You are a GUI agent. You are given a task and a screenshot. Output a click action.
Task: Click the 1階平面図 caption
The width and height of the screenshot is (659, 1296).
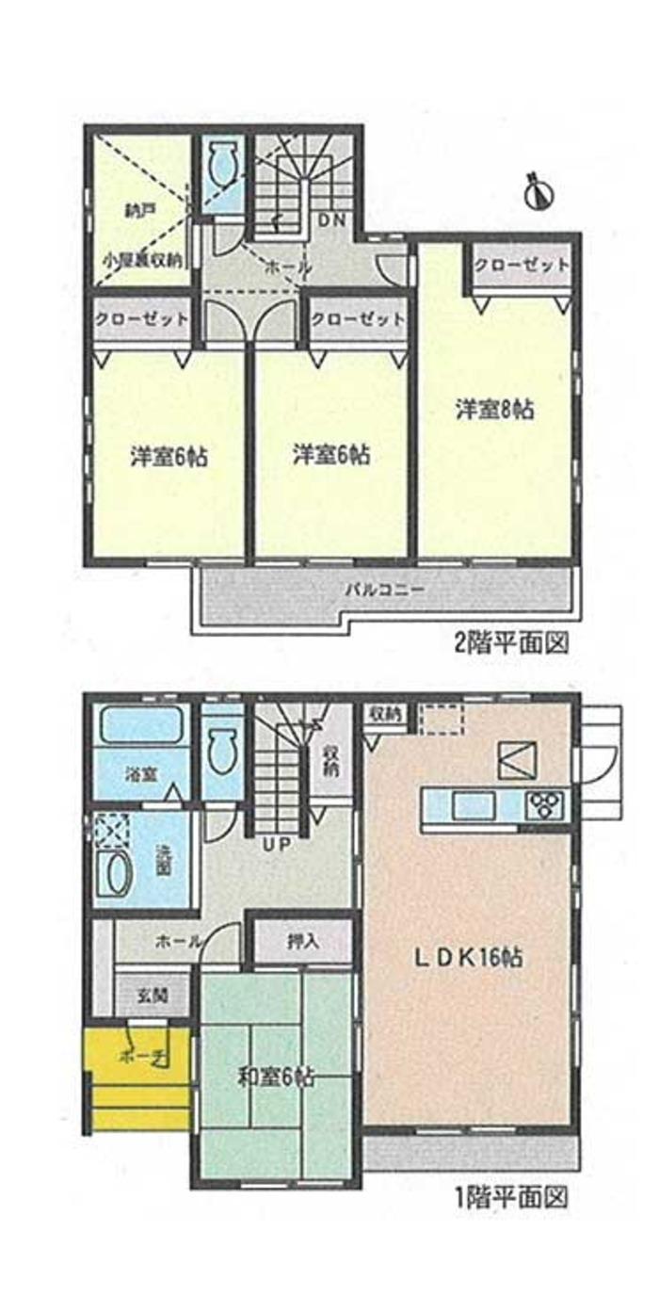[512, 1198]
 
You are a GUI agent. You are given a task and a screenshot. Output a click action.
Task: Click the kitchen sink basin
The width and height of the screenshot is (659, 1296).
[468, 806]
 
